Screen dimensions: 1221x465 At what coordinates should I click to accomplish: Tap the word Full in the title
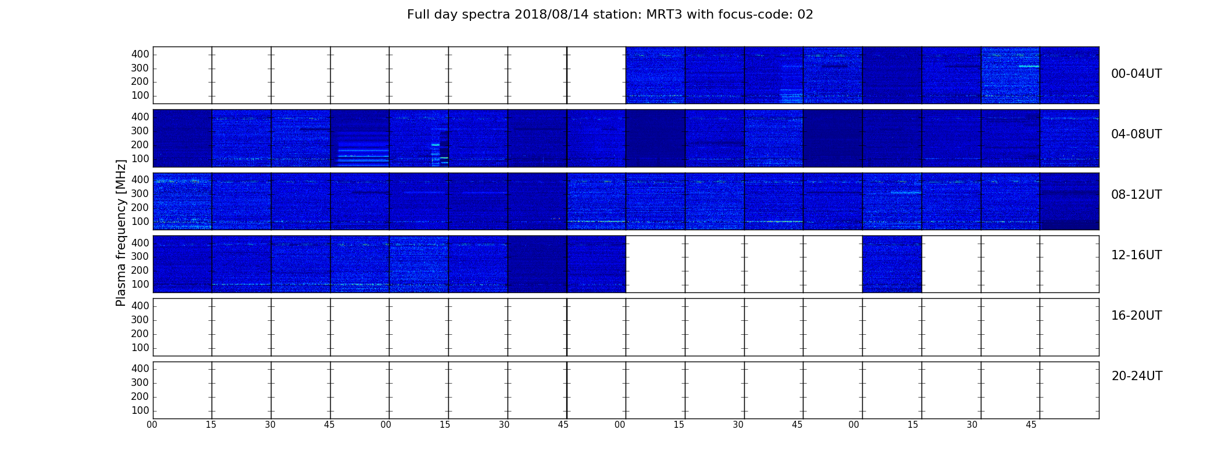[x=419, y=15]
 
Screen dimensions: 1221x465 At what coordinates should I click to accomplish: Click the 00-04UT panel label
[x=1137, y=74]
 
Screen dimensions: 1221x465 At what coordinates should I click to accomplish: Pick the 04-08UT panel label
[x=1137, y=134]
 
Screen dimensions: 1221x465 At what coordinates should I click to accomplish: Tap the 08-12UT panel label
[x=1137, y=195]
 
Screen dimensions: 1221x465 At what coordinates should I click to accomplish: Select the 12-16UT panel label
[x=1137, y=255]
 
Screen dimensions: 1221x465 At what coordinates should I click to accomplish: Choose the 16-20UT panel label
[x=1137, y=316]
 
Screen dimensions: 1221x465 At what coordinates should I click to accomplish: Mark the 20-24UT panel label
[x=1137, y=376]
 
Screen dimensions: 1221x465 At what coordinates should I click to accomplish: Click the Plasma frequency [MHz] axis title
[x=121, y=233]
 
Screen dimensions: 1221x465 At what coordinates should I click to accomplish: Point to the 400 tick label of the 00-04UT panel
[x=140, y=54]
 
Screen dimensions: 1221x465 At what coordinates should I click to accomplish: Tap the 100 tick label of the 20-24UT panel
[x=140, y=410]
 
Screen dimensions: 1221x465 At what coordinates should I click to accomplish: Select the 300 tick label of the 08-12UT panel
[x=140, y=194]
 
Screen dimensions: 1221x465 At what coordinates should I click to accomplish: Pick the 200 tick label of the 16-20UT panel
[x=140, y=334]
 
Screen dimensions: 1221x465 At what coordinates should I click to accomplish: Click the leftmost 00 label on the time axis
[x=152, y=425]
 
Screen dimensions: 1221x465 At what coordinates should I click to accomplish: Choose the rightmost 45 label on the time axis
[x=1031, y=425]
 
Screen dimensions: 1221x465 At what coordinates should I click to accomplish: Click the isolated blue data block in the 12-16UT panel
[x=892, y=264]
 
